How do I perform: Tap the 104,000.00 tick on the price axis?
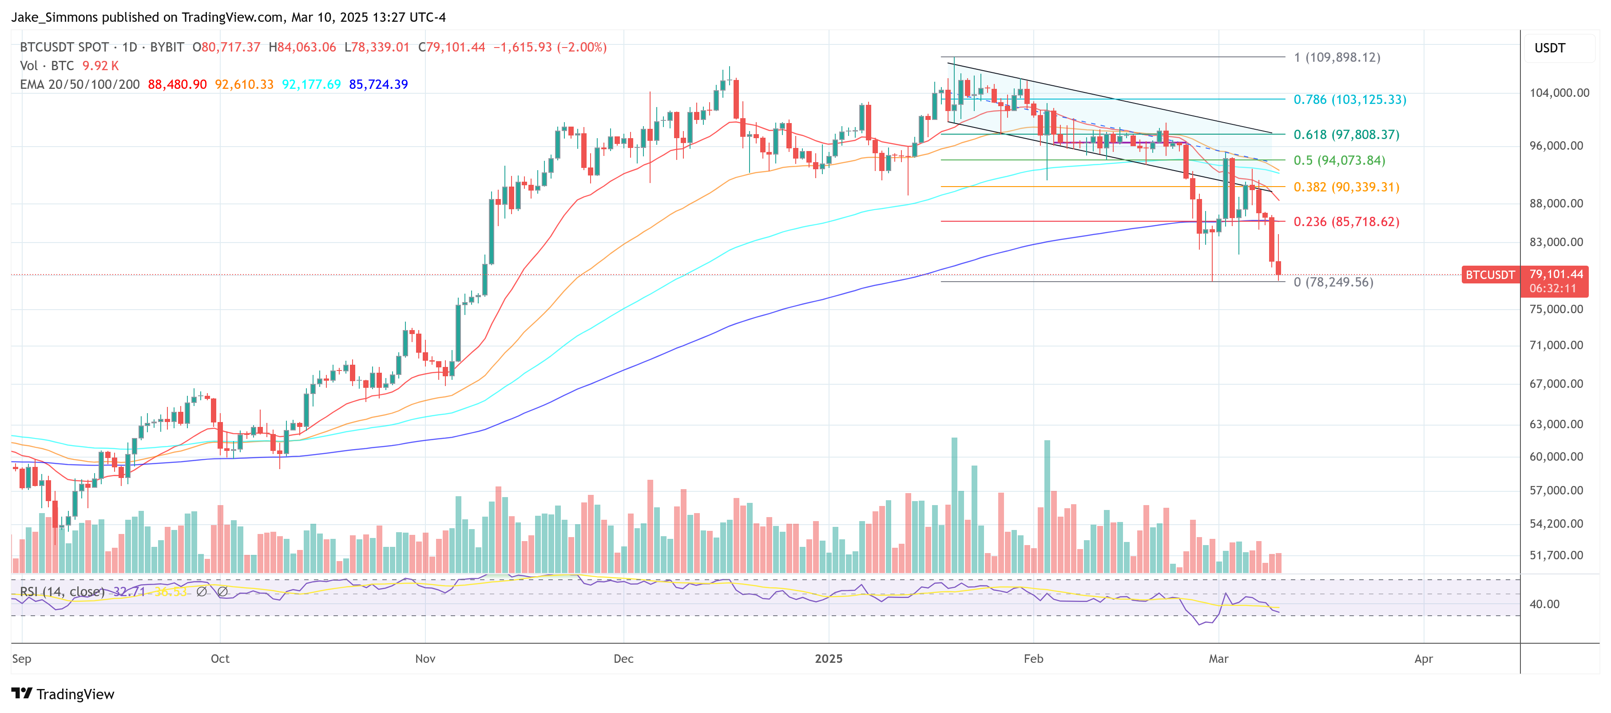pyautogui.click(x=1559, y=92)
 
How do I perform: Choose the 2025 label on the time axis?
pyautogui.click(x=828, y=659)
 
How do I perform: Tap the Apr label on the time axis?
pyautogui.click(x=1423, y=659)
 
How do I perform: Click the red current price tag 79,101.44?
pyautogui.click(x=1555, y=274)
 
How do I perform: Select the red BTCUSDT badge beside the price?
pyautogui.click(x=1490, y=275)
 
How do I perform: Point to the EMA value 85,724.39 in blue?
pyautogui.click(x=378, y=84)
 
